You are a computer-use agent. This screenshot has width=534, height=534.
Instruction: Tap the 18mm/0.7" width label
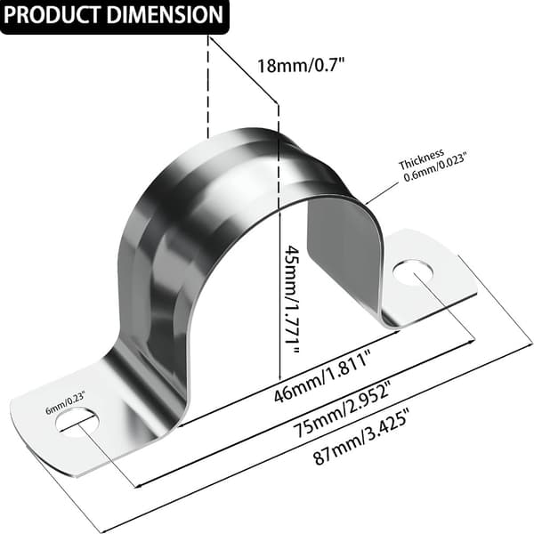coord(301,65)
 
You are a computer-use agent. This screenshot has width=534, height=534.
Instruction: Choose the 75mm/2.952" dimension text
coord(344,409)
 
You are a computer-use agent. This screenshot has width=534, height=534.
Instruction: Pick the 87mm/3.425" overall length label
coord(361,437)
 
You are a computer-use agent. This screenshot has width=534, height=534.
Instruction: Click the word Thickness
coord(422,159)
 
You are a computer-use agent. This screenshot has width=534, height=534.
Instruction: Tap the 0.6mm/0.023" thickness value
coord(434,167)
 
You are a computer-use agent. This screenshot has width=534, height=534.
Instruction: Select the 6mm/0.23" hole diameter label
coord(66,402)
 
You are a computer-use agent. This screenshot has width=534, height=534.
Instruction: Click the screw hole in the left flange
coord(78,422)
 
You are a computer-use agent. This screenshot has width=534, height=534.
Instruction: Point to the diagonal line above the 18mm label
coord(243,69)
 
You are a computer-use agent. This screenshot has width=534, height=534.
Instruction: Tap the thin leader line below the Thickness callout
coord(382,193)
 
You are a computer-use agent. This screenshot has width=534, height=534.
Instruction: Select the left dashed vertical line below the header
coord(207,86)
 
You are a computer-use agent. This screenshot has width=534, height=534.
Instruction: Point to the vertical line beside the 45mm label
coord(279,241)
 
